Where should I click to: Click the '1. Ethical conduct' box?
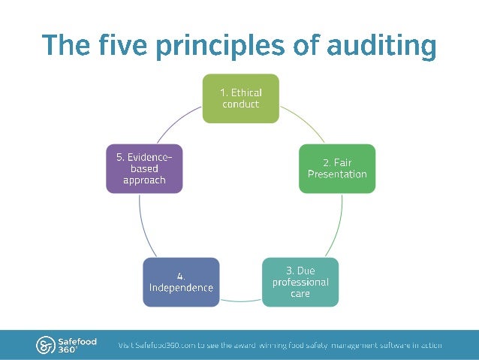coord(240,98)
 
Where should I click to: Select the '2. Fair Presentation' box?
coord(337,168)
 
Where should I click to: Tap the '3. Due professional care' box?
coord(300,282)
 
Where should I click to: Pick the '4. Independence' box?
coord(181,282)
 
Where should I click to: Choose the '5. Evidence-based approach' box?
coord(144,168)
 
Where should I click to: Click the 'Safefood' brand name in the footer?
coord(77,340)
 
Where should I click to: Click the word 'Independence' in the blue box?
coord(181,288)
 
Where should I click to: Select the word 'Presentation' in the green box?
coord(337,174)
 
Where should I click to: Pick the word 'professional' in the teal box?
coord(300,282)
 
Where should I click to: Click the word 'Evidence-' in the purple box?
coord(144,157)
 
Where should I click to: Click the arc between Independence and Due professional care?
coord(240,300)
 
